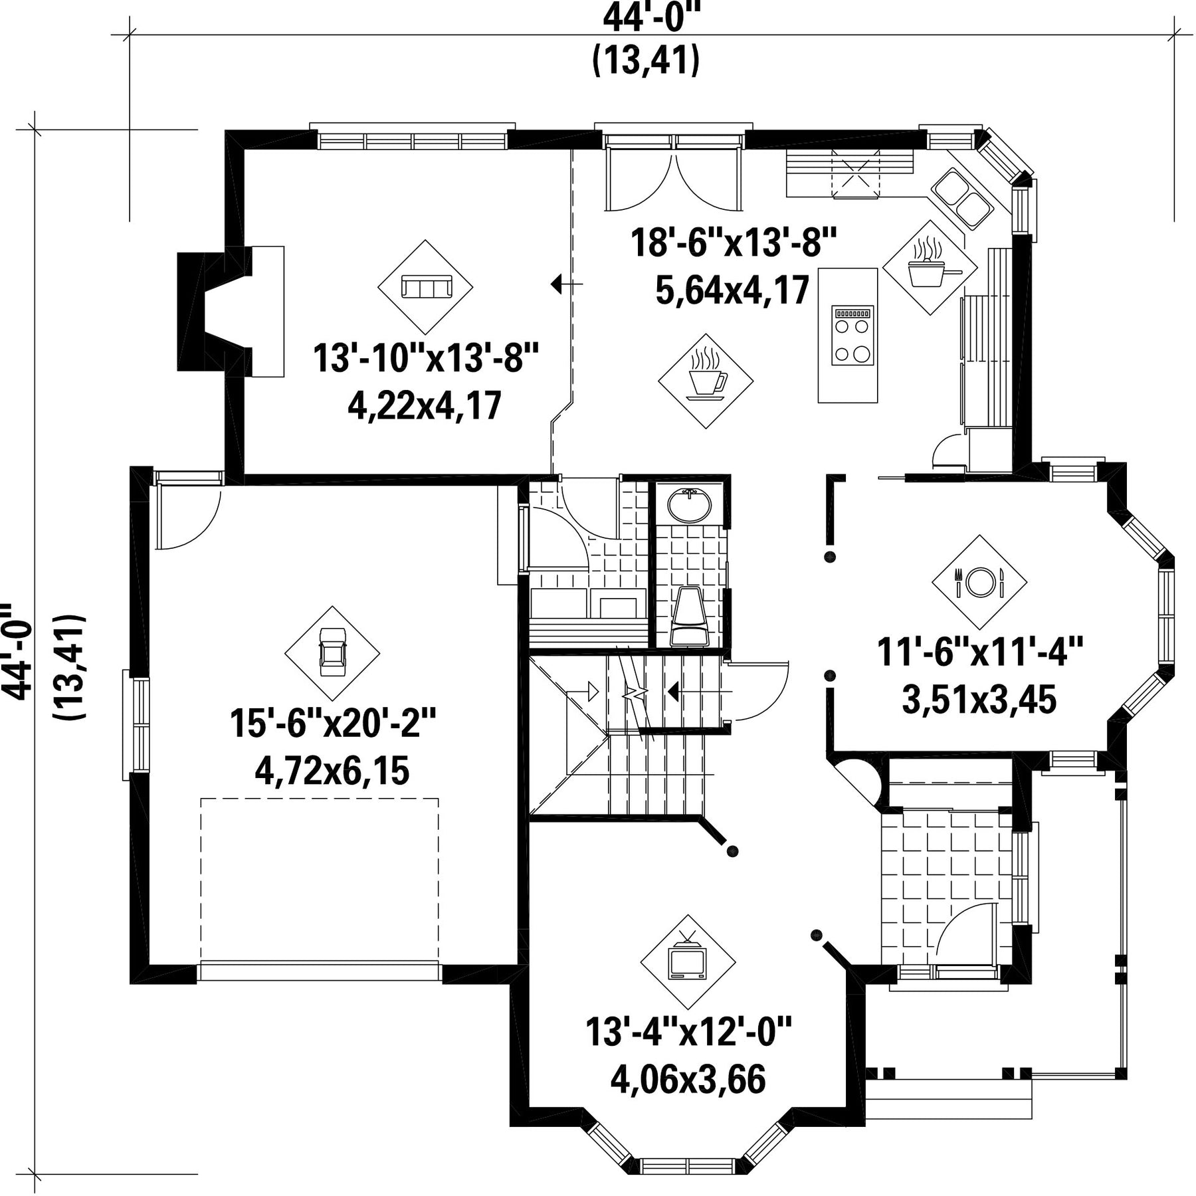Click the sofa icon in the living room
426,287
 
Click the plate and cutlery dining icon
979,582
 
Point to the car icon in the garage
332,652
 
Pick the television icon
688,957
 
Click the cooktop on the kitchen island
852,335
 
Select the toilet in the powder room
688,615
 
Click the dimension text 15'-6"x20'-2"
333,723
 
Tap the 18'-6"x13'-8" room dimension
734,242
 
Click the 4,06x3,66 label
688,1079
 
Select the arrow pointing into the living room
567,284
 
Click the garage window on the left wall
136,724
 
